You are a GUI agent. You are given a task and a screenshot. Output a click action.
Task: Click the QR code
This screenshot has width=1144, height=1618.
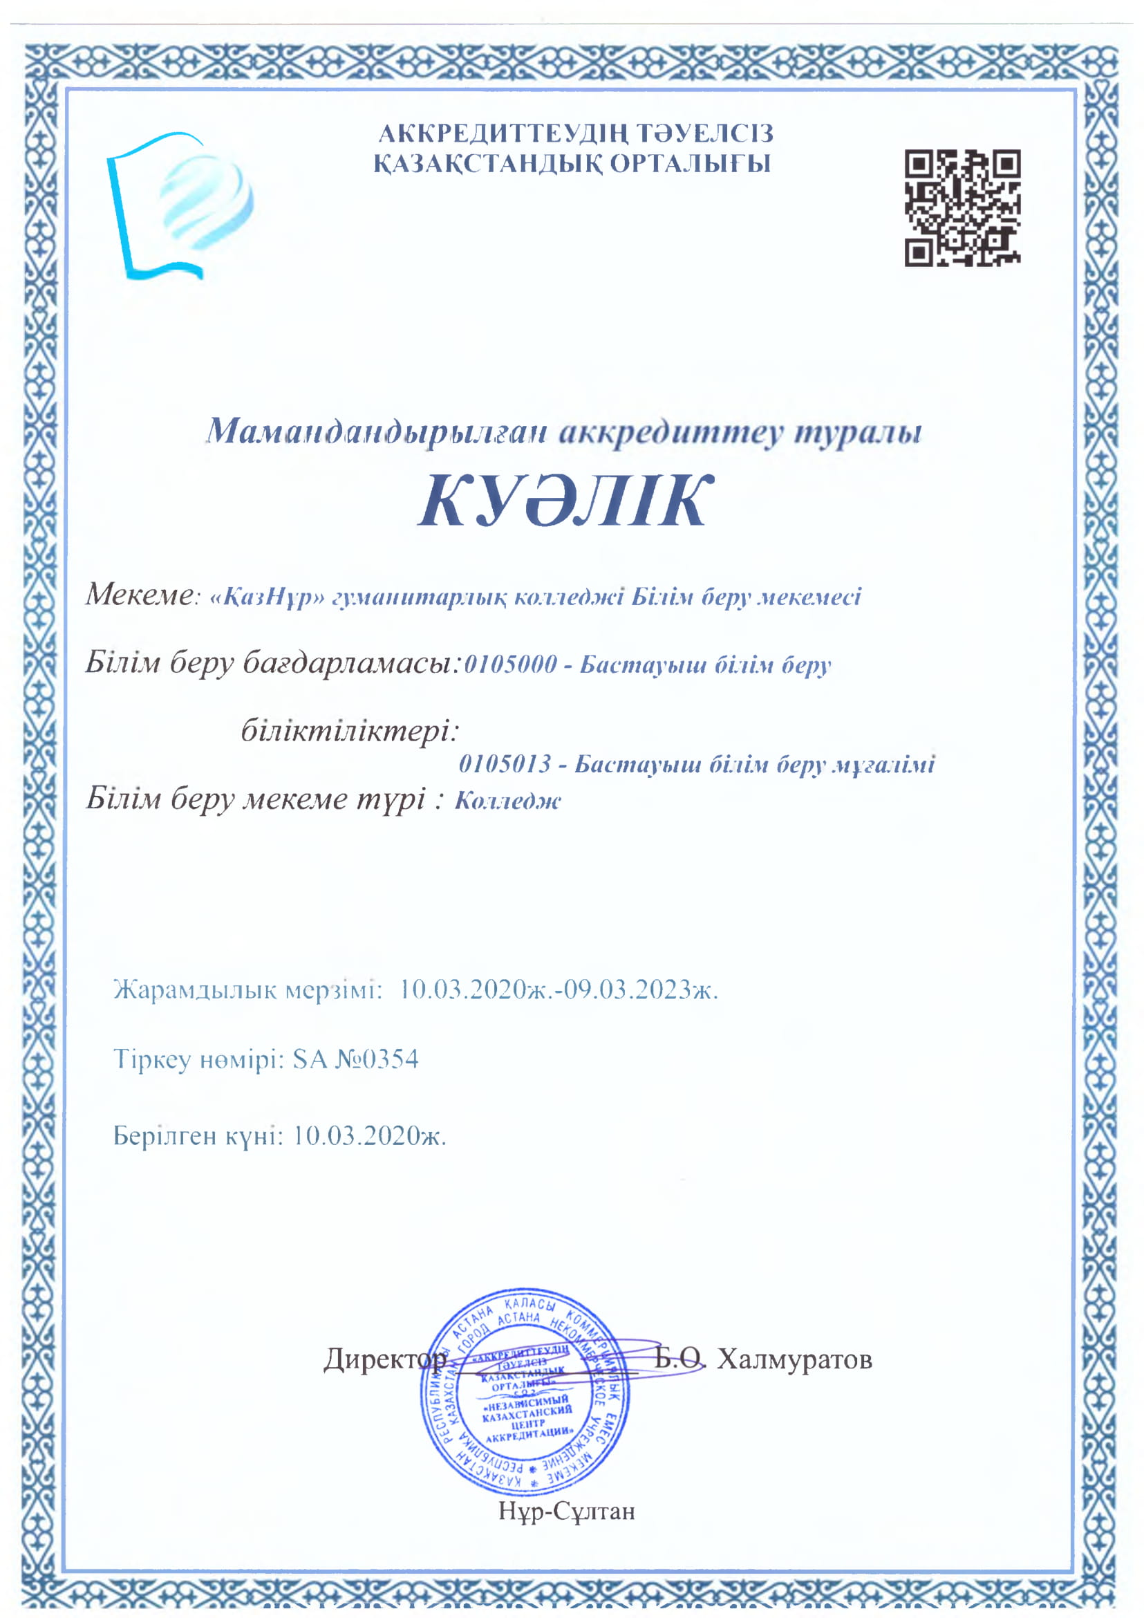point(962,207)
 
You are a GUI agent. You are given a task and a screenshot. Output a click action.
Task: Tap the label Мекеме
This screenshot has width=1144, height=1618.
point(138,595)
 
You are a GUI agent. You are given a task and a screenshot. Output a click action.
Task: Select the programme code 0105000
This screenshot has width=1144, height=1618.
point(511,664)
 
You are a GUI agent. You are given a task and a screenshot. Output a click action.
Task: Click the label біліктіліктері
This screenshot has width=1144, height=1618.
point(348,730)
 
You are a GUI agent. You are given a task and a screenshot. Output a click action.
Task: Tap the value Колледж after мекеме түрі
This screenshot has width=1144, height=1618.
point(508,801)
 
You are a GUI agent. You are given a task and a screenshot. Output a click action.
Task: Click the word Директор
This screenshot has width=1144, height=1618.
point(384,1359)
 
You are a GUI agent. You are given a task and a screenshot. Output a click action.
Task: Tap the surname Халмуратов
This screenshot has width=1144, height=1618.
point(795,1359)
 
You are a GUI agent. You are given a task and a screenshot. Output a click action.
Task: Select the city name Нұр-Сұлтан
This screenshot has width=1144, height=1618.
point(567,1510)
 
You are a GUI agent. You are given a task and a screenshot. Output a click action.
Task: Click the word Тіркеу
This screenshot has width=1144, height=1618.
point(152,1059)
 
